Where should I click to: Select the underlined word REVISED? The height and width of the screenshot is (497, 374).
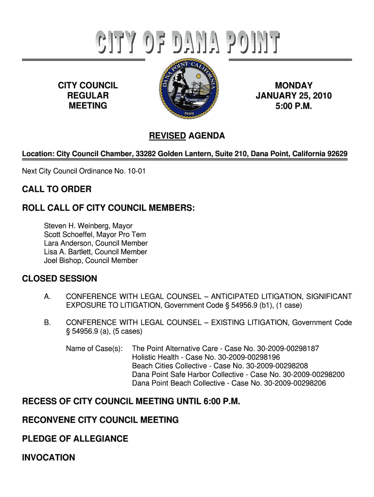pyautogui.click(x=167, y=136)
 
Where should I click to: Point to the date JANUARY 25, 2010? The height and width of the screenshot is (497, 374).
pyautogui.click(x=294, y=96)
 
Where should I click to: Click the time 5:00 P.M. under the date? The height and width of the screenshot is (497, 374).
pyautogui.click(x=294, y=105)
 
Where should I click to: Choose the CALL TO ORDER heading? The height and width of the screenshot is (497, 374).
pyautogui.click(x=57, y=189)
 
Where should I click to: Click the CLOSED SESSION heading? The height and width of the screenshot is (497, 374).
pyautogui.click(x=60, y=279)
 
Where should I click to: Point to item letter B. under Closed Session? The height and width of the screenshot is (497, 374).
pyautogui.click(x=48, y=322)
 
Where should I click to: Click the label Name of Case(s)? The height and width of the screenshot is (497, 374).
pyautogui.click(x=94, y=348)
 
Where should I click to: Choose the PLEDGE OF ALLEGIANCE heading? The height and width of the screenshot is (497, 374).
pyautogui.click(x=75, y=439)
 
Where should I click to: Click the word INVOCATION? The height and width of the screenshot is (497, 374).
pyautogui.click(x=49, y=457)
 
